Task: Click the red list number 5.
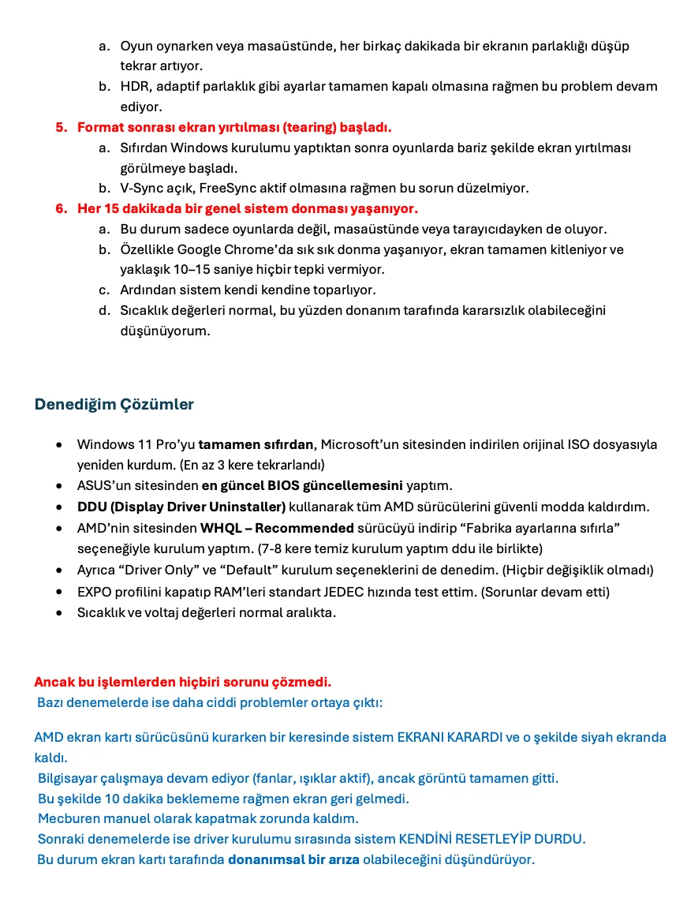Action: [60, 127]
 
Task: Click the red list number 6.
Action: [60, 208]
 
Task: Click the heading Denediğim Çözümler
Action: [114, 404]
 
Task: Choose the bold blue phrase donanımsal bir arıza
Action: [293, 859]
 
